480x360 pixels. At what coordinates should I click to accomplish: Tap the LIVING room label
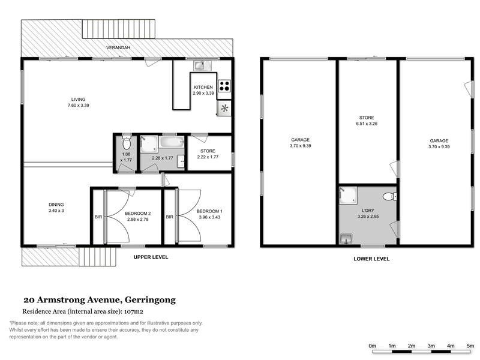pyautogui.click(x=78, y=99)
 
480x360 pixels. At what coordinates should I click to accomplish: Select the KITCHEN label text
pyautogui.click(x=203, y=88)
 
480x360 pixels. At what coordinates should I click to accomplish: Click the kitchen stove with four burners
pyautogui.click(x=224, y=85)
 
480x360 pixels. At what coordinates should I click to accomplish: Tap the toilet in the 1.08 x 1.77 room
pyautogui.click(x=126, y=144)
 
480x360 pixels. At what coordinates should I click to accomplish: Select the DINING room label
pyautogui.click(x=56, y=205)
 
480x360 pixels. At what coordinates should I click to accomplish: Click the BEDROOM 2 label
pyautogui.click(x=137, y=214)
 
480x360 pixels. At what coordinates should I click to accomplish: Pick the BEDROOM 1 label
pyautogui.click(x=209, y=211)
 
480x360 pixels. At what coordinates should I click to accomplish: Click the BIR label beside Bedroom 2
pyautogui.click(x=98, y=217)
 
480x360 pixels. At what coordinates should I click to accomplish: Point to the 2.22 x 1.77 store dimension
pyautogui.click(x=208, y=157)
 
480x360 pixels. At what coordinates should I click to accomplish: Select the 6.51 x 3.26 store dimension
pyautogui.click(x=367, y=124)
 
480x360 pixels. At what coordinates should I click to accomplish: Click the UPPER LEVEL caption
pyautogui.click(x=151, y=257)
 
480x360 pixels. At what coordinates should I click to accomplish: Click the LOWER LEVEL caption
pyautogui.click(x=371, y=259)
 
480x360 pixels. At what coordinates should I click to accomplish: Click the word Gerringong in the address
pyautogui.click(x=149, y=300)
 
